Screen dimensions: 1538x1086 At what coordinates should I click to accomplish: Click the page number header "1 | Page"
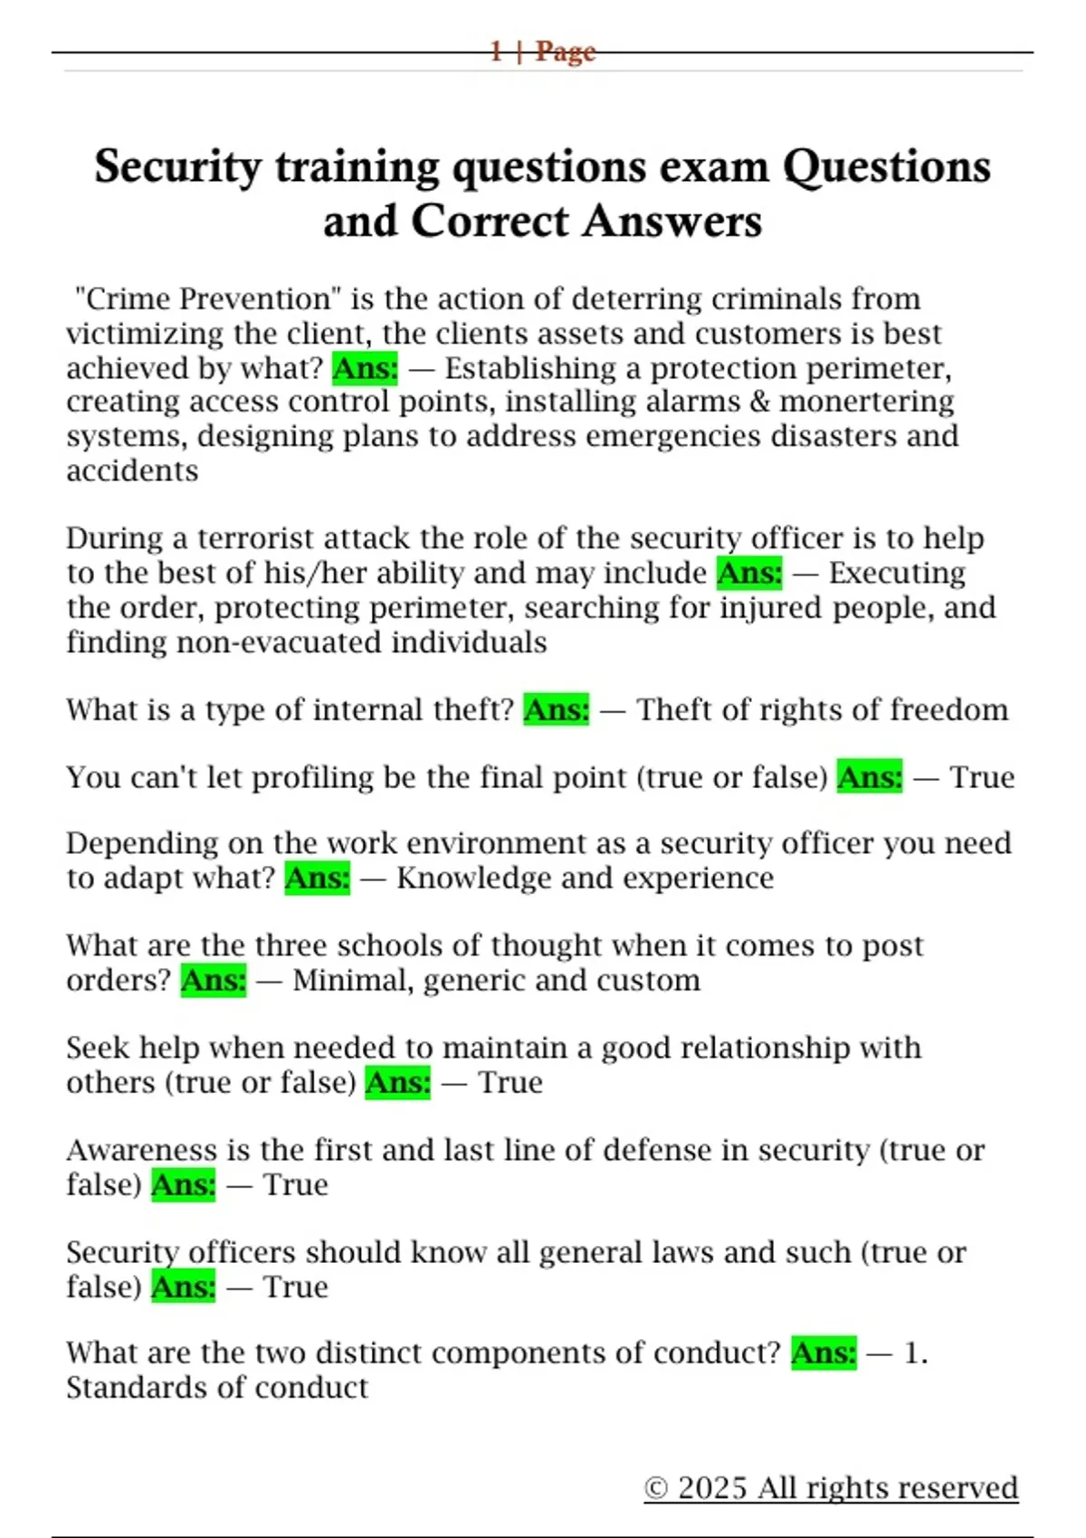543,52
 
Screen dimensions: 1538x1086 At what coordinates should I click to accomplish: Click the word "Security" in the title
177,167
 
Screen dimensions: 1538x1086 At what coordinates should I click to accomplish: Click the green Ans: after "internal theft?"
557,710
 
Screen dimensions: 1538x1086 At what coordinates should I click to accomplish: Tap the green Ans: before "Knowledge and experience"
318,878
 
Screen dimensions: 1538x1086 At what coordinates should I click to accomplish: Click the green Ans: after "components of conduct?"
824,1353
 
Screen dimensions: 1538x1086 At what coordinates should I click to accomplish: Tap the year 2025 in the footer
713,1488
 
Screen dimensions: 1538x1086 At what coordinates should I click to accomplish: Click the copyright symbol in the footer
656,1489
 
